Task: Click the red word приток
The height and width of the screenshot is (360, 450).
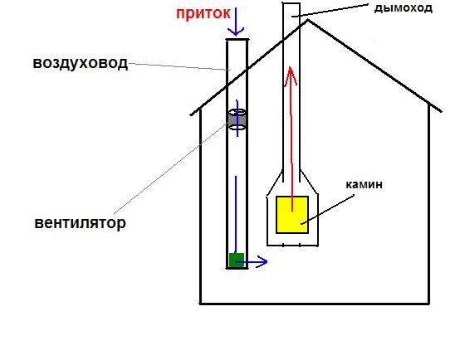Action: coord(203,14)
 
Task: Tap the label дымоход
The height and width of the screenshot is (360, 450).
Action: coord(404,8)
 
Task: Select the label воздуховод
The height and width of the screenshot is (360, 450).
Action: coord(80,63)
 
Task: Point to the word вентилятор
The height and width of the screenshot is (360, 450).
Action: coord(80,222)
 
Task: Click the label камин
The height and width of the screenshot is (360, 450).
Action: coord(364,184)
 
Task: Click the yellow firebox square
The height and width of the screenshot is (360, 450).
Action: coord(292,215)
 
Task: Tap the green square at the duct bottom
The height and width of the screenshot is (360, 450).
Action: coord(237,260)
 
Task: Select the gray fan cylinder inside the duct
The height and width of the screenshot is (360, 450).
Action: coord(237,119)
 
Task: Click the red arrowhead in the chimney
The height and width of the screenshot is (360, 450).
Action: coord(291,76)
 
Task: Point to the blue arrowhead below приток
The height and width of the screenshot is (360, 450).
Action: coord(236,32)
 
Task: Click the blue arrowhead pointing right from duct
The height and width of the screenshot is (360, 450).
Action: coord(262,261)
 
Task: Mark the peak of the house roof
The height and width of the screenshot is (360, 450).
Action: coord(308,20)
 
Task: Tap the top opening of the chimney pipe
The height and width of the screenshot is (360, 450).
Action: coord(291,3)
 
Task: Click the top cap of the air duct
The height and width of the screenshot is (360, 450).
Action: coord(237,40)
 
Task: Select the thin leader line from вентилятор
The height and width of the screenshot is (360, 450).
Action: coord(171,168)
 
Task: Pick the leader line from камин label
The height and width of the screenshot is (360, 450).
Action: coord(327,209)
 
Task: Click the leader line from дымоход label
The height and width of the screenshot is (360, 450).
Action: coord(330,10)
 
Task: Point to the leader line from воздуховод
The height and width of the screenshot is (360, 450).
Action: coord(179,66)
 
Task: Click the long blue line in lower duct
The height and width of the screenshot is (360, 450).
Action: coord(236,214)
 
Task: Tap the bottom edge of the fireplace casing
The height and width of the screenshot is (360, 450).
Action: coord(292,246)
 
